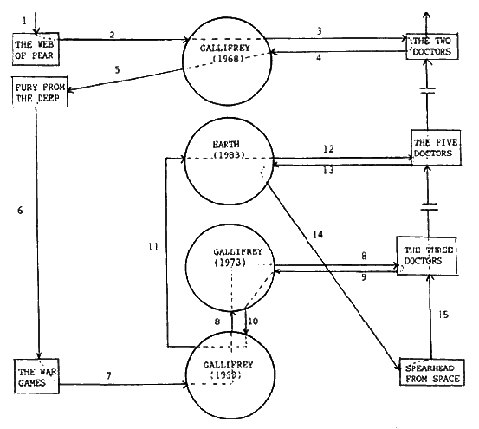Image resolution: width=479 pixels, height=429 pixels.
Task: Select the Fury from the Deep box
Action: [x=34, y=92]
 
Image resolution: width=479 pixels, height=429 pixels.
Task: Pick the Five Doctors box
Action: [x=432, y=150]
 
